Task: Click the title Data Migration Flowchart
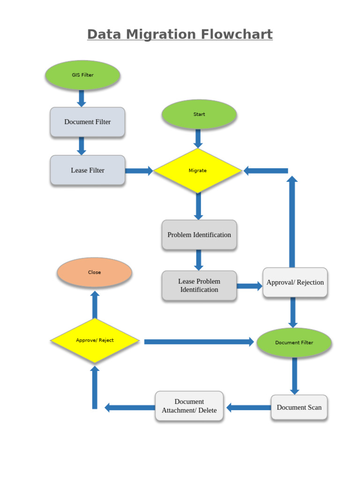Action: pyautogui.click(x=180, y=35)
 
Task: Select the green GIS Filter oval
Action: pyautogui.click(x=82, y=75)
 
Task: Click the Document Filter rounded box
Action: pyautogui.click(x=88, y=122)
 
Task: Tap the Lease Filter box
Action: pyautogui.click(x=88, y=170)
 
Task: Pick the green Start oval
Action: pyautogui.click(x=199, y=114)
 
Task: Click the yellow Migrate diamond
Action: pyautogui.click(x=197, y=171)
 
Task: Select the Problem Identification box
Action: pyautogui.click(x=199, y=235)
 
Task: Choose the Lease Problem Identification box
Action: pyautogui.click(x=199, y=285)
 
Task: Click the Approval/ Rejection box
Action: pyautogui.click(x=295, y=282)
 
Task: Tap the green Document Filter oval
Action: pyautogui.click(x=294, y=343)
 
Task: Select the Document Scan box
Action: pyautogui.click(x=299, y=407)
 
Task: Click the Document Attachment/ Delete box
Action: pyautogui.click(x=189, y=406)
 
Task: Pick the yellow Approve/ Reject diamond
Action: pyautogui.click(x=95, y=340)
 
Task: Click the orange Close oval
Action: pyautogui.click(x=94, y=272)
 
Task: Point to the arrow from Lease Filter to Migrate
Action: pyautogui.click(x=139, y=171)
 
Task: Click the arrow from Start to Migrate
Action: pyautogui.click(x=198, y=138)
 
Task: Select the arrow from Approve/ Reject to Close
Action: pyautogui.click(x=95, y=304)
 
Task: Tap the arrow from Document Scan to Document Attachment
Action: pyautogui.click(x=248, y=407)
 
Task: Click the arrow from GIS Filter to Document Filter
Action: pyautogui.click(x=82, y=98)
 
